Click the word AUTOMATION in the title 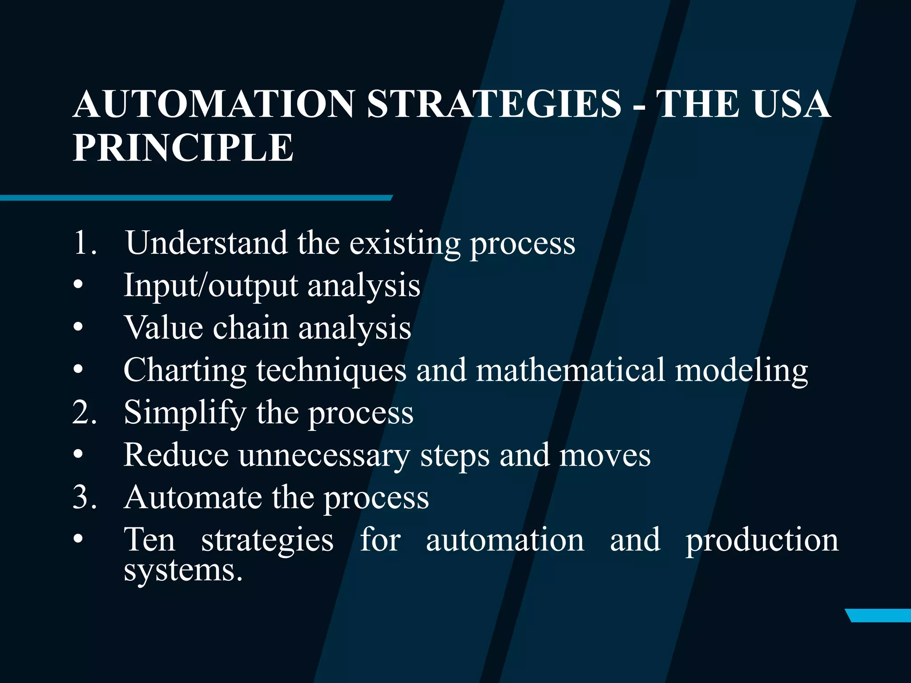click(x=214, y=104)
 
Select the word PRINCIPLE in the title click(x=183, y=148)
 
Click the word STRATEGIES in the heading click(x=494, y=104)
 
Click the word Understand click(x=206, y=243)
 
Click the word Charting click(x=185, y=370)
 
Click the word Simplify click(x=185, y=412)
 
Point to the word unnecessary click(x=324, y=455)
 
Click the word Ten click(x=149, y=540)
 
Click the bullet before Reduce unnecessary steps click(x=78, y=455)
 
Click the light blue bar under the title click(x=196, y=198)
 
